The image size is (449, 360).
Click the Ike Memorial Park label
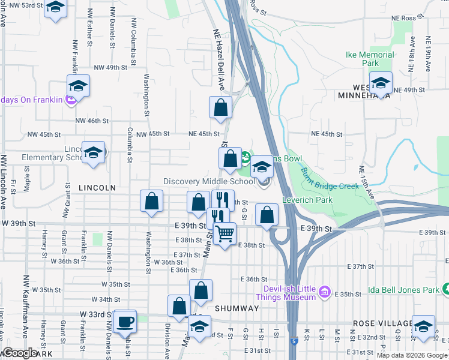tap(370, 59)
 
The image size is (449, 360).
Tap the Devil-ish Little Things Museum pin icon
tap(325, 292)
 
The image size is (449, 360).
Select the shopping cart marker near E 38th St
tap(224, 233)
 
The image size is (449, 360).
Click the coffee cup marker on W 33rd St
tap(125, 321)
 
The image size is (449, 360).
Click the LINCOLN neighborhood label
tap(97, 188)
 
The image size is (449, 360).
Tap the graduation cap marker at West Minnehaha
tap(380, 83)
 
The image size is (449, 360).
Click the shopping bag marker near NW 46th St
tap(220, 107)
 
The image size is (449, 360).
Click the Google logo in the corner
tap(19, 353)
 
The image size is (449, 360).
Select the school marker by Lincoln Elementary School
tap(93, 153)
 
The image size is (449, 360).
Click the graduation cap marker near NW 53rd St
tap(55, 8)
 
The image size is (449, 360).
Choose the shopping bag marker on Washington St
tap(152, 202)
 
